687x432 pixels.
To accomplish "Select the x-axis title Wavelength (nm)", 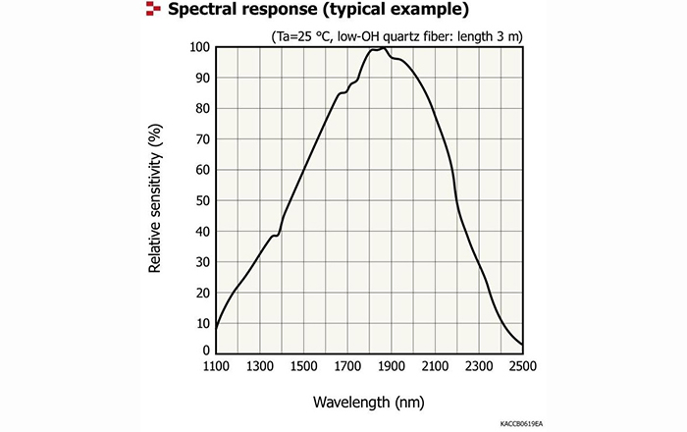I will click(368, 403).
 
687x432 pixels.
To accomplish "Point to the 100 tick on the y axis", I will click(198, 47).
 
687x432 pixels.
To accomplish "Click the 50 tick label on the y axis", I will click(202, 200).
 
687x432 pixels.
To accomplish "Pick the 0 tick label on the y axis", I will click(206, 351).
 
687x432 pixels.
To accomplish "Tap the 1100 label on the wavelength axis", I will click(216, 366).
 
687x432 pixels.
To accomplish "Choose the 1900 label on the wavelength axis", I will click(391, 366).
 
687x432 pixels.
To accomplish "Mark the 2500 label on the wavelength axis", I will click(522, 366).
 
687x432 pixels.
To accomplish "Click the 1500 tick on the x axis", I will click(303, 366).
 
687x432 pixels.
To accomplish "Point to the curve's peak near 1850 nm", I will click(380, 48).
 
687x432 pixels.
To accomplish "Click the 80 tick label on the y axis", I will click(202, 108).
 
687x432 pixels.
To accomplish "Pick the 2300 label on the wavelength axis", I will click(478, 366).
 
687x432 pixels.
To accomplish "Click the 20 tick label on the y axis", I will click(202, 293).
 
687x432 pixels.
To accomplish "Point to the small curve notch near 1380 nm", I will click(278, 235).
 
